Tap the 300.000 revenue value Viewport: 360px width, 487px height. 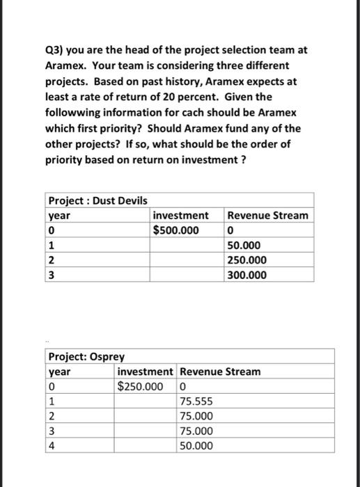coord(246,276)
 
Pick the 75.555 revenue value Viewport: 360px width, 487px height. coord(196,401)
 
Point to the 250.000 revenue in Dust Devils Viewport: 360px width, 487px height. coord(246,260)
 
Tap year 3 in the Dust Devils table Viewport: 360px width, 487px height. coord(52,276)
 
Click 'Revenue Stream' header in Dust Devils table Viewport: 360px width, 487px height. coord(267,215)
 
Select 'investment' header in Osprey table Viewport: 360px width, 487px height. coord(146,372)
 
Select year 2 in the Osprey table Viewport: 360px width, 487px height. coord(52,416)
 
